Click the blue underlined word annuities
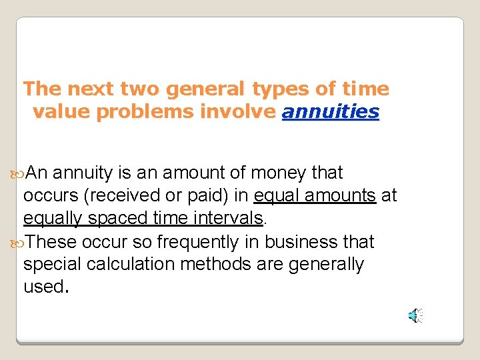pos(331,112)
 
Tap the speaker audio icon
pos(415,315)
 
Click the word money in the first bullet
pos(279,173)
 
